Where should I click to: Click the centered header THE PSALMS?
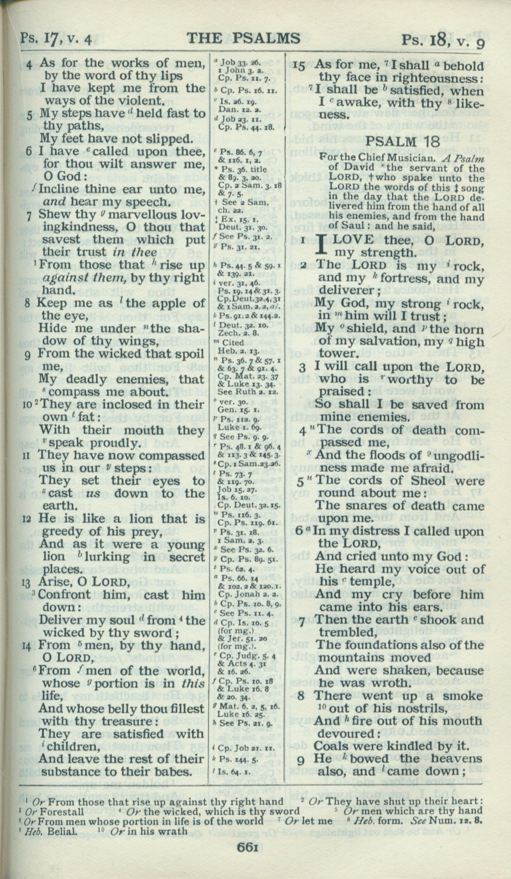coord(243,39)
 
